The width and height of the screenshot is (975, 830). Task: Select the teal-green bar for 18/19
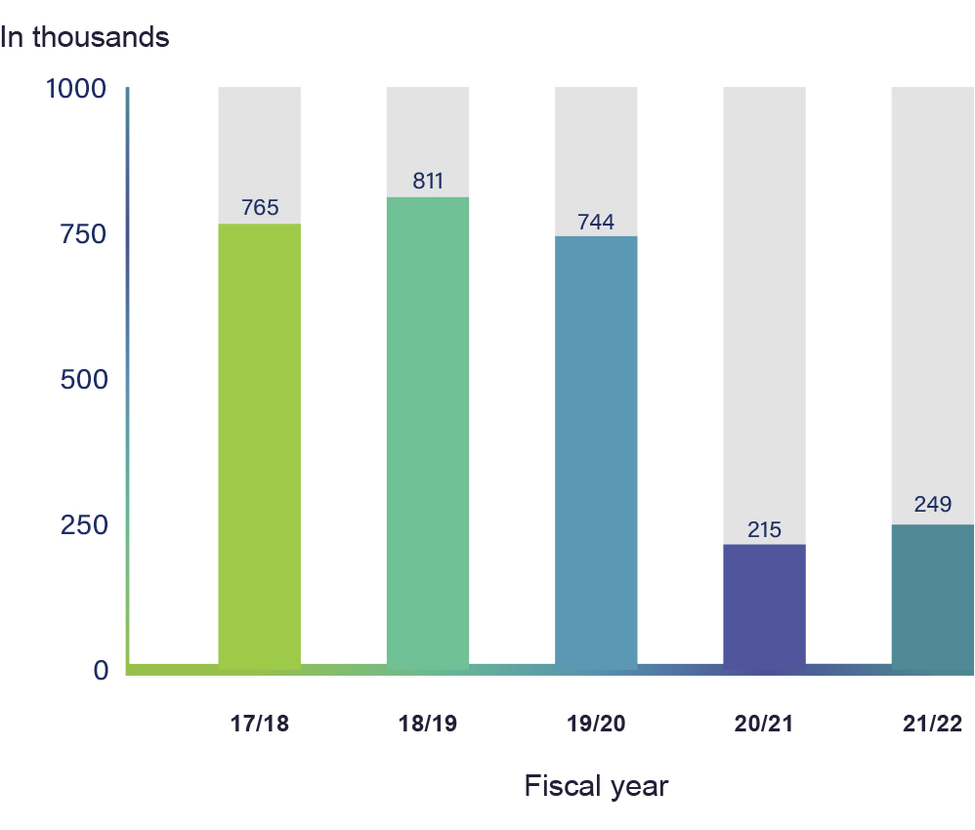pos(428,434)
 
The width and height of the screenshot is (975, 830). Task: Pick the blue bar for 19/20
pos(596,453)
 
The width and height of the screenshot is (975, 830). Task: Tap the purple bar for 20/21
pos(764,606)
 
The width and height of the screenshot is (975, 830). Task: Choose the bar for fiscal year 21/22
pos(933,598)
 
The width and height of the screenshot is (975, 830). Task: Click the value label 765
pos(260,207)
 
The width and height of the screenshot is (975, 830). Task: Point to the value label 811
pos(428,181)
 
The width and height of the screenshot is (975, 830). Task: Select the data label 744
pos(596,222)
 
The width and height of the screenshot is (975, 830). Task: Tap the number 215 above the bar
pos(764,529)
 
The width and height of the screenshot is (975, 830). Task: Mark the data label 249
pos(933,504)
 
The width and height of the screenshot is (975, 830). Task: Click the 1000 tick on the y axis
pos(76,89)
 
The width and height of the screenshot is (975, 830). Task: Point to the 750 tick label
pos(83,234)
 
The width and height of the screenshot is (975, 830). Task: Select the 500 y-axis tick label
pos(84,379)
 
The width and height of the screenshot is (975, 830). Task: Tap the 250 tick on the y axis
pos(84,525)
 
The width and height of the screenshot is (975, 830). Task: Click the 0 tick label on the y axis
pos(101,670)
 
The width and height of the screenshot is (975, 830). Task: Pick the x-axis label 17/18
pos(259,724)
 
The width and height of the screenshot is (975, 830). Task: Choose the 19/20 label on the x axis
pos(596,724)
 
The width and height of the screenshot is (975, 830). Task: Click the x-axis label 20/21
pos(764,724)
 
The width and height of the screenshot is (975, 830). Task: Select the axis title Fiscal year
pos(596,786)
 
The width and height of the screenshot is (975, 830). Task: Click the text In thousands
pos(85,37)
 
